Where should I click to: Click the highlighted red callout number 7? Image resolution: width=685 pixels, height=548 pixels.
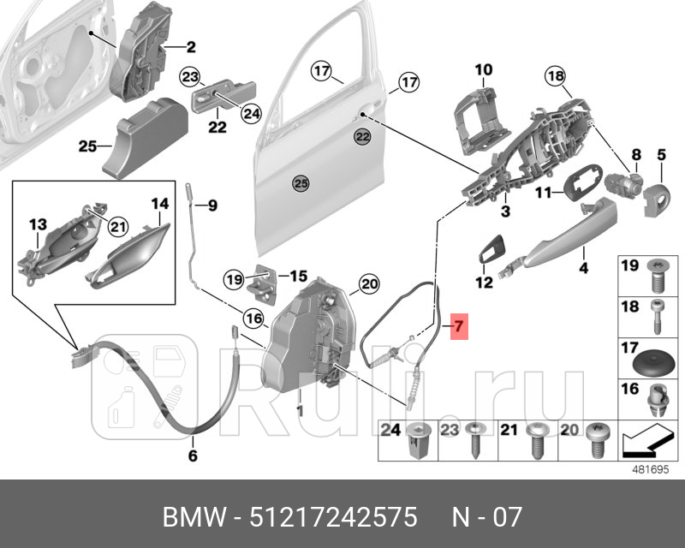pyautogui.click(x=458, y=326)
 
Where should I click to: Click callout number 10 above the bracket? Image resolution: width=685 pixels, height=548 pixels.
pyautogui.click(x=484, y=69)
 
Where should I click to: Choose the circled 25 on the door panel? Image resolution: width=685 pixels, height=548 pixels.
pyautogui.click(x=300, y=182)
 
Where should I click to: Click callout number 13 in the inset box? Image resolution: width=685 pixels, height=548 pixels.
pyautogui.click(x=38, y=224)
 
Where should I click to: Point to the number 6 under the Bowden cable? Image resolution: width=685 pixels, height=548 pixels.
pyautogui.click(x=192, y=456)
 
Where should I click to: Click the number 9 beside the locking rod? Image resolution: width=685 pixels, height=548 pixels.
pyautogui.click(x=212, y=205)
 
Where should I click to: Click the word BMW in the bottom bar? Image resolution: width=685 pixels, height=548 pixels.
pyautogui.click(x=193, y=518)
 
